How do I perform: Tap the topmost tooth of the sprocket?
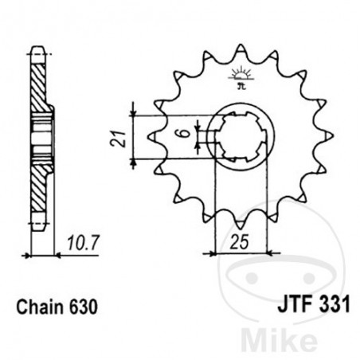[239, 49]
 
